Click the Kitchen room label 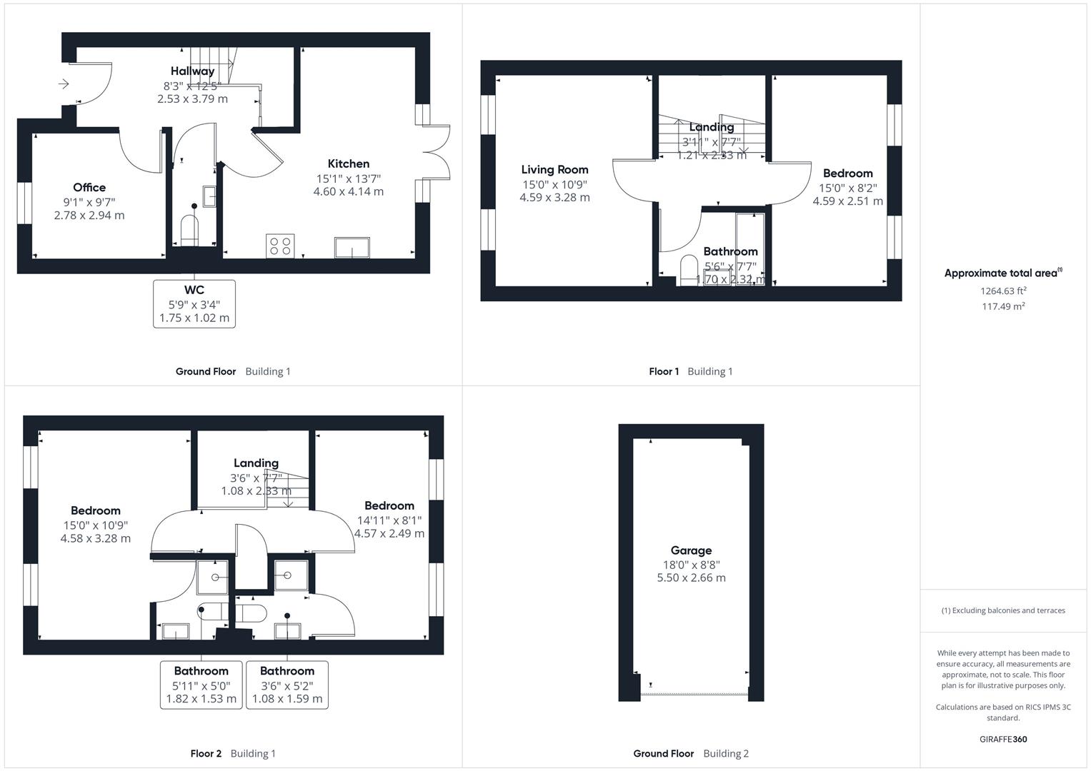coord(348,163)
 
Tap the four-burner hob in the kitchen coord(280,246)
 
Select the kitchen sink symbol coord(352,248)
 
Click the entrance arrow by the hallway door coord(63,84)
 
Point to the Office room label coord(89,188)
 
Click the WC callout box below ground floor coord(194,303)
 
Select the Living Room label coord(554,169)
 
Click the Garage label coord(691,550)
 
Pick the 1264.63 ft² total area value coord(1003,291)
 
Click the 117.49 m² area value coord(1003,306)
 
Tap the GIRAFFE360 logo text coord(1003,739)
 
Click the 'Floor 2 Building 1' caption coord(233,753)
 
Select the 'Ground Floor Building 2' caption coord(691,753)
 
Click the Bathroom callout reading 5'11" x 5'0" coord(201,685)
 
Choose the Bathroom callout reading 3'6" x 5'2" coord(287,685)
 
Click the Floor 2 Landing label coord(256,463)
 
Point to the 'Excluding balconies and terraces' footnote coord(1003,610)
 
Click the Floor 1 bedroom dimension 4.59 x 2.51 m coord(847,201)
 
